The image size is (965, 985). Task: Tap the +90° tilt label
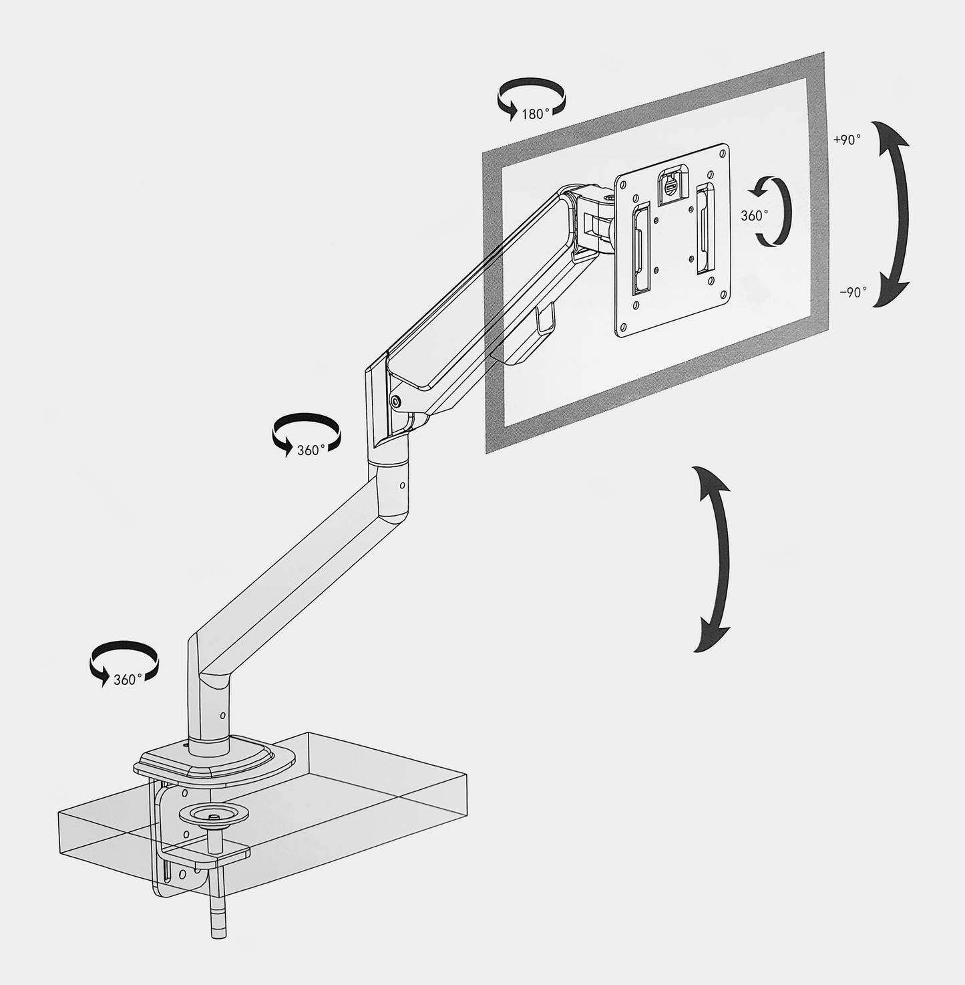847,140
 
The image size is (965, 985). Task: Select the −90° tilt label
853,292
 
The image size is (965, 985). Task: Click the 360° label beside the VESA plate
754,215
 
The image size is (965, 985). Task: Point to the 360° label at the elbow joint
311,450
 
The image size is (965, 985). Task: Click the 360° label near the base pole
127,680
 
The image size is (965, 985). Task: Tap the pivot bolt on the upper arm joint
396,401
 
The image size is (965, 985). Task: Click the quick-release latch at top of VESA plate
670,184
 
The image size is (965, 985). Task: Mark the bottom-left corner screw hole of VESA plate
623,327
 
